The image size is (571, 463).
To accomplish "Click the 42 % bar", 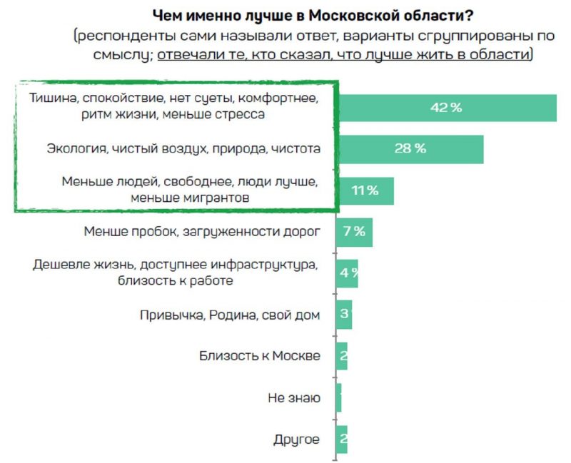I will [446, 108].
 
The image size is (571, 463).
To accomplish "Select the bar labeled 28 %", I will [410, 149].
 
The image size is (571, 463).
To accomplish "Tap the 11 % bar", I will [365, 190].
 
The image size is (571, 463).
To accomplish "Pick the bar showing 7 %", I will [354, 232].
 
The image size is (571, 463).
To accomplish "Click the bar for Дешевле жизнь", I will [347, 273].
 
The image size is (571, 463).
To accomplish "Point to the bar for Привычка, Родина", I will [344, 315].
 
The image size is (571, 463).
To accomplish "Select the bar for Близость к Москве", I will [342, 356].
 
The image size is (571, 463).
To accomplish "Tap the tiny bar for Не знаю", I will [338, 397].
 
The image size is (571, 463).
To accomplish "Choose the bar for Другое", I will [342, 439].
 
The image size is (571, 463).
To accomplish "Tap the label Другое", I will [296, 439].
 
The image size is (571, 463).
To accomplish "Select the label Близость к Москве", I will [259, 357].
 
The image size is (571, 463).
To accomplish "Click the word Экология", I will [74, 149].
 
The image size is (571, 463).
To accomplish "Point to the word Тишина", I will [51, 98].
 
